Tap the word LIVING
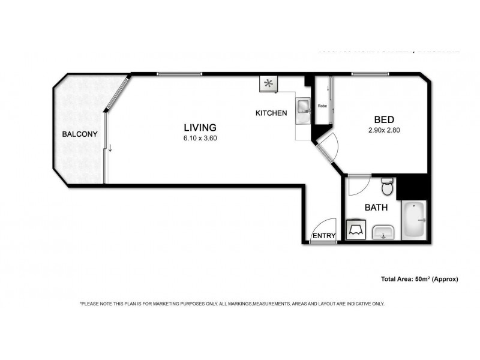click(x=199, y=127)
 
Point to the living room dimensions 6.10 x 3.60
click(x=199, y=137)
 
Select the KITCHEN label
click(x=271, y=113)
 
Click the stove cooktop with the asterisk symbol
click(x=268, y=83)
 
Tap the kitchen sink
click(x=303, y=107)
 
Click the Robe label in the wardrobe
click(x=322, y=106)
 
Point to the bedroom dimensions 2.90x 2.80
click(x=383, y=130)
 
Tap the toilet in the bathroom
click(x=388, y=186)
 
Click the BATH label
click(x=376, y=208)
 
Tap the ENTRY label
click(x=325, y=236)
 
